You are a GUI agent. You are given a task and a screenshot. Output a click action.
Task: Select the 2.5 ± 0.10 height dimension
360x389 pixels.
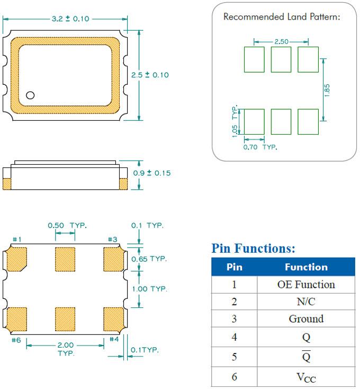tap(150, 75)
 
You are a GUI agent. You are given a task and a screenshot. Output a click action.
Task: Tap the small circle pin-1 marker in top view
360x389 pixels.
tap(30, 95)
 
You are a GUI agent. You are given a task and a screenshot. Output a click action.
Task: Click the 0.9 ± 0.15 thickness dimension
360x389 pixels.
tap(151, 173)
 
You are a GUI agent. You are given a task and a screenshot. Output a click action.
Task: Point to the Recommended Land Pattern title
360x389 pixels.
tap(281, 16)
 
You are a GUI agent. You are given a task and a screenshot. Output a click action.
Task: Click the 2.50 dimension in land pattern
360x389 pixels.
tap(281, 41)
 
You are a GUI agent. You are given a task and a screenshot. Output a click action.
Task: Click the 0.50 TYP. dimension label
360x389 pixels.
tap(67, 225)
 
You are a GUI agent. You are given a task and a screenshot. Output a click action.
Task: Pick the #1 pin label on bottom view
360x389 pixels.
tap(16, 239)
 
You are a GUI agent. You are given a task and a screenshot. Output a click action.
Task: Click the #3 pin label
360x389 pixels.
tap(112, 239)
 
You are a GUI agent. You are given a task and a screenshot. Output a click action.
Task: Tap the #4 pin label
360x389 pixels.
tap(114, 339)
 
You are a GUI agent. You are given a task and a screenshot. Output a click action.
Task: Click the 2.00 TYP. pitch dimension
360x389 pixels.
tap(66, 349)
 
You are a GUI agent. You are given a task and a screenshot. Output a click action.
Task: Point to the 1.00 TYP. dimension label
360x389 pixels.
tap(149, 289)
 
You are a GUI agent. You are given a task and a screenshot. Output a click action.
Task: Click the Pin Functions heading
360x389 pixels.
tap(253, 248)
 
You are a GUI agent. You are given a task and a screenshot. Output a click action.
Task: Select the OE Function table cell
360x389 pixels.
tap(306, 284)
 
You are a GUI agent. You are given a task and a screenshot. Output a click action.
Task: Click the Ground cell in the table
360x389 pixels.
tap(306, 319)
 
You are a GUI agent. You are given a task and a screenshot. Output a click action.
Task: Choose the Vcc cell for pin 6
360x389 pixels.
tap(306, 377)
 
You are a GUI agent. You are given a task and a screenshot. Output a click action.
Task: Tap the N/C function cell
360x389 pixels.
tap(306, 302)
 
